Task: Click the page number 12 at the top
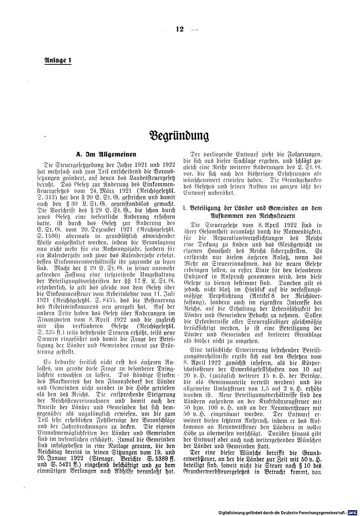180,30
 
